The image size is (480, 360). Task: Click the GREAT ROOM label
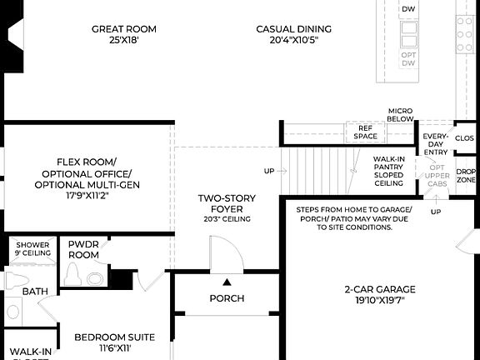coord(123,29)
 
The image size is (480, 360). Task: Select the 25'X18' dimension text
coord(123,40)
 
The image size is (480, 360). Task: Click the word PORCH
coord(226,298)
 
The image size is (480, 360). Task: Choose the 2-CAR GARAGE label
coord(379,290)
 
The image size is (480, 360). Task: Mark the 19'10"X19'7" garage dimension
coord(379,301)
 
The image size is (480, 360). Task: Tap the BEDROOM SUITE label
coord(114,337)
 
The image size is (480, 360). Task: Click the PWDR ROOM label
coord(83,249)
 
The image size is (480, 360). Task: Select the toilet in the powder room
coord(74,276)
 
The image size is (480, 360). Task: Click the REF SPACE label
coord(365,132)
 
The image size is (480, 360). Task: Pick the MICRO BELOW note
coord(400,115)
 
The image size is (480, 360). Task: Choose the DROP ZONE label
coord(466,175)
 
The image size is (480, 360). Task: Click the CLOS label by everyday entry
coord(464,137)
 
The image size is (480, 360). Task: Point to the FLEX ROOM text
coord(87,161)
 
